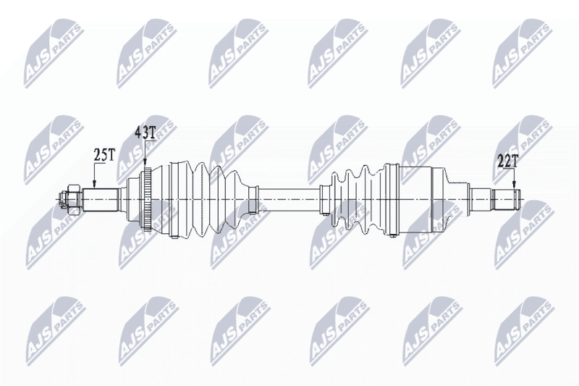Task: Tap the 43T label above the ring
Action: click(145, 133)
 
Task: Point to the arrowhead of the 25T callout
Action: click(94, 185)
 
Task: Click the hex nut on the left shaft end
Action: click(73, 200)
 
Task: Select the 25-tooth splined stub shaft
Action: click(100, 200)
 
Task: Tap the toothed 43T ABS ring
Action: click(148, 200)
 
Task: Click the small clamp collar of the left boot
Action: click(253, 200)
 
